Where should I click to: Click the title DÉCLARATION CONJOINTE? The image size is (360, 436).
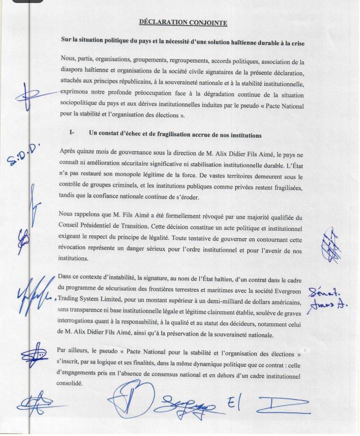tap(183, 22)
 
